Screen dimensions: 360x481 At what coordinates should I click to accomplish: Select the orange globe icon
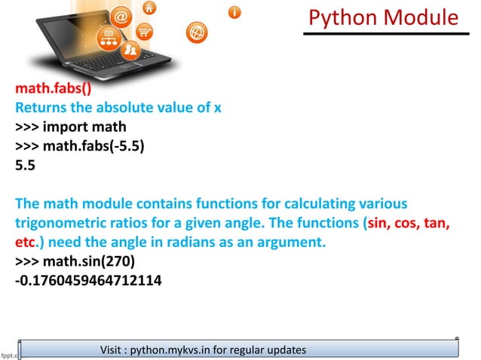[196, 32]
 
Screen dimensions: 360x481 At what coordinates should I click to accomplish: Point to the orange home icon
[150, 8]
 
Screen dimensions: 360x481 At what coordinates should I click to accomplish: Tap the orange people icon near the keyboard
[130, 51]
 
